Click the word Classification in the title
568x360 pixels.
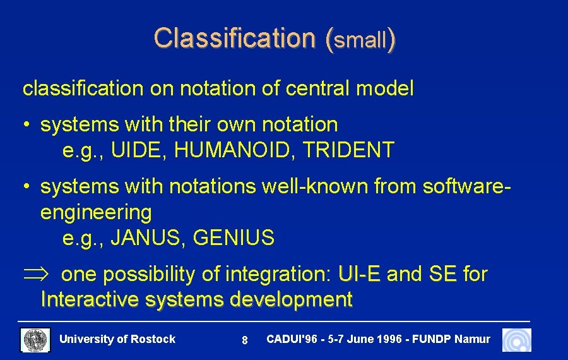coord(233,39)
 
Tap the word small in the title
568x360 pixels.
coord(360,41)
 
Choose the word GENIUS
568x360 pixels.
coord(234,238)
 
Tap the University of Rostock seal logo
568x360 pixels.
coord(35,340)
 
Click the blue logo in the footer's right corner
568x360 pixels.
coord(516,340)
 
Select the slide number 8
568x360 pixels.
coord(244,340)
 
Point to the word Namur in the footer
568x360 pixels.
coord(472,339)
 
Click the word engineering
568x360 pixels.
coord(96,213)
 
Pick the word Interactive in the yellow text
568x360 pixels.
coord(90,299)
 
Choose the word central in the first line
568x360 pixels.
coord(318,89)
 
